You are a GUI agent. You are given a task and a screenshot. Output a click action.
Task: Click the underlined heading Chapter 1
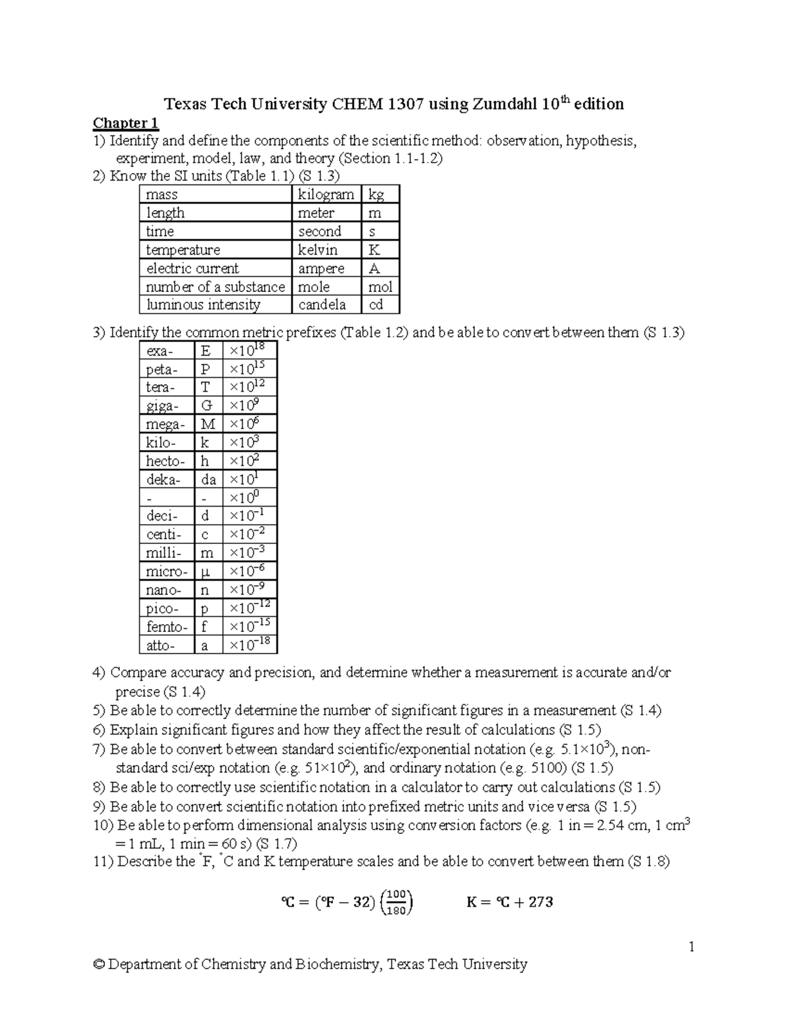pos(125,123)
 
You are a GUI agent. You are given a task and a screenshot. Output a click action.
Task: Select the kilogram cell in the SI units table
pos(326,194)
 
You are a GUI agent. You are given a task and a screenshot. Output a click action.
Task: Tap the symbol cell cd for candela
pos(380,304)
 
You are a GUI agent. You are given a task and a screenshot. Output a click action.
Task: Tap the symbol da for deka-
pos(208,479)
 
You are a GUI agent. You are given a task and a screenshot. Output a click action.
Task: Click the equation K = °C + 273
pos(510,902)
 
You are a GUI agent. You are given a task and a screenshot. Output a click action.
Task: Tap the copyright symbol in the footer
pos(99,964)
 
